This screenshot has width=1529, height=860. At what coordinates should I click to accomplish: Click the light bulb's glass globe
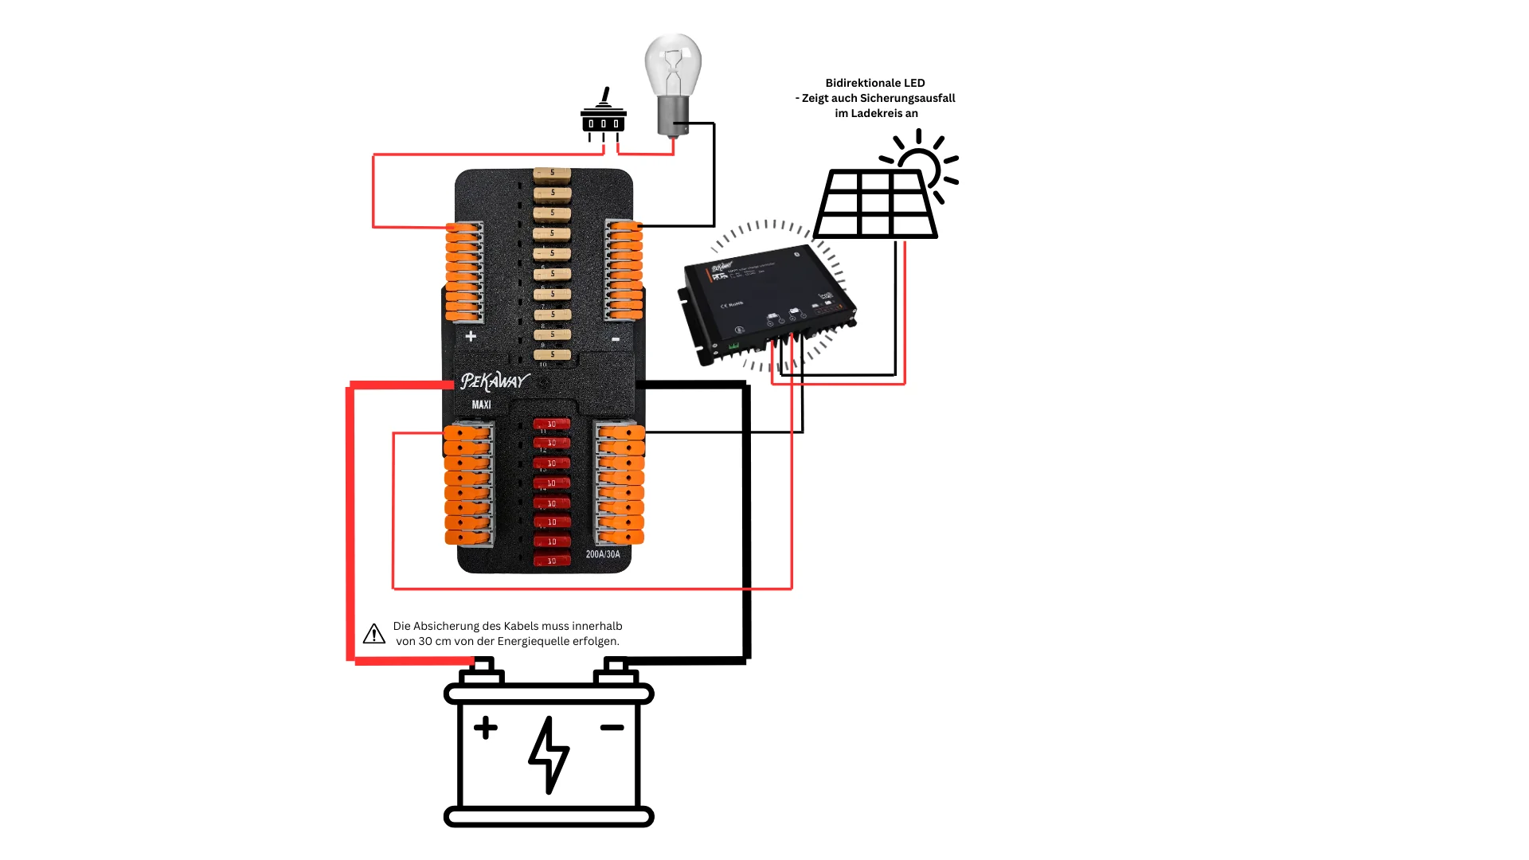tap(673, 64)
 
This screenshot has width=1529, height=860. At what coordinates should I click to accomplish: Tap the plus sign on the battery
tap(485, 728)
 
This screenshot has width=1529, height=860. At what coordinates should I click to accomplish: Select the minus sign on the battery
tap(612, 728)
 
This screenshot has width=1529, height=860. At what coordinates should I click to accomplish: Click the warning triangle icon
tap(373, 634)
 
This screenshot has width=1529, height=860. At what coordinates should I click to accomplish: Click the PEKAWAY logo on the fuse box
tap(494, 381)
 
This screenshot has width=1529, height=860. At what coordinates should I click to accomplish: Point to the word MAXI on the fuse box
tap(481, 405)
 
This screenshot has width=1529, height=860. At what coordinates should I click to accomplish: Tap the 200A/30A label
tap(603, 554)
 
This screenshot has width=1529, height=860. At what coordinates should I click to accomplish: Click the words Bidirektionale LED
tap(875, 83)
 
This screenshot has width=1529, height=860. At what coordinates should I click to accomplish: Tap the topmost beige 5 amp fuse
tap(552, 173)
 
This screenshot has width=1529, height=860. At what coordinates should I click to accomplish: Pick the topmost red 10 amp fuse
tap(552, 424)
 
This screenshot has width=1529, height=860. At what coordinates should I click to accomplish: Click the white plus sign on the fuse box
tap(471, 336)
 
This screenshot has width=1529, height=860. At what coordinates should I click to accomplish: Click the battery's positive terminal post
tap(483, 670)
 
